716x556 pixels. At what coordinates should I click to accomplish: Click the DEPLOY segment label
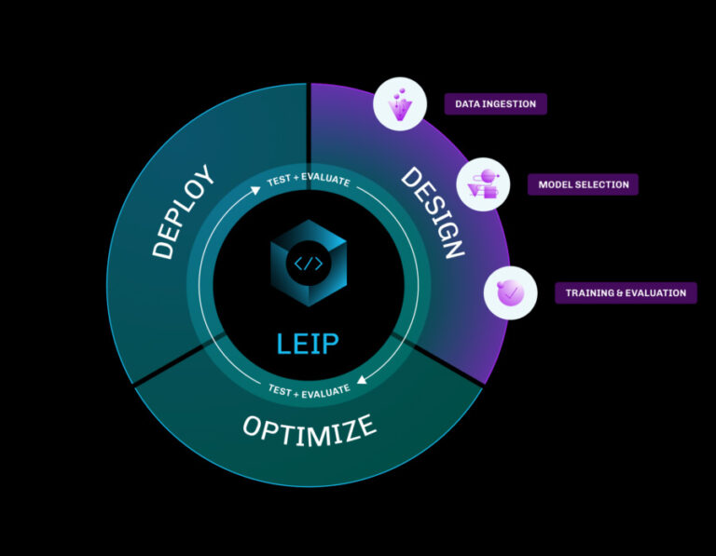pyautogui.click(x=184, y=212)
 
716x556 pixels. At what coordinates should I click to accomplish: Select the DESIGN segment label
pyautogui.click(x=433, y=212)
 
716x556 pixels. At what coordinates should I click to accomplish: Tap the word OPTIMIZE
pyautogui.click(x=310, y=427)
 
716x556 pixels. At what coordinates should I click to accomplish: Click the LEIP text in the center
pyautogui.click(x=309, y=344)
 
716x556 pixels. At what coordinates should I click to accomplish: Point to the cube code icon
pyautogui.click(x=309, y=264)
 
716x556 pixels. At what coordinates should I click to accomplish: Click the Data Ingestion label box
pyautogui.click(x=495, y=103)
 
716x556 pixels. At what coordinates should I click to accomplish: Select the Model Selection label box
pyautogui.click(x=583, y=184)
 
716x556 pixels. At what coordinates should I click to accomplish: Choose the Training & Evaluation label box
pyautogui.click(x=625, y=292)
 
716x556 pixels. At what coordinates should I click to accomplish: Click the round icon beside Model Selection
pyautogui.click(x=483, y=183)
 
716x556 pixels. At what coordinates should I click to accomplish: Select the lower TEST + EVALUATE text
pyautogui.click(x=309, y=388)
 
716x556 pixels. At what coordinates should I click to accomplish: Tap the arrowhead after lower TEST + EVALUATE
pyautogui.click(x=364, y=379)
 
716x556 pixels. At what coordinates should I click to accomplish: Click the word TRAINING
pyautogui.click(x=587, y=292)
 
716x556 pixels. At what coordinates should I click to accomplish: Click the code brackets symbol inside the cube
pyautogui.click(x=309, y=264)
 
